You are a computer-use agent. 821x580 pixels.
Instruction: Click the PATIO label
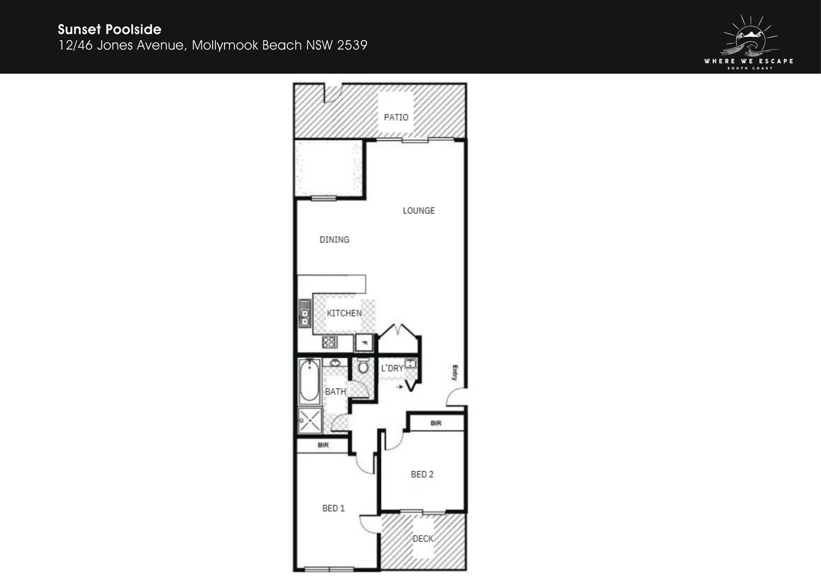[396, 117]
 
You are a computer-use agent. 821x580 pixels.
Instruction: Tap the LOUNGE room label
[419, 210]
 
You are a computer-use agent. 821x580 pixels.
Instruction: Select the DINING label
[334, 240]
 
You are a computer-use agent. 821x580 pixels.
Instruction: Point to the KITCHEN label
[344, 313]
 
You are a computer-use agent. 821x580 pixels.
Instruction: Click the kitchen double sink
[304, 314]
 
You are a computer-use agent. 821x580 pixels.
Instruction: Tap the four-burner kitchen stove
[330, 342]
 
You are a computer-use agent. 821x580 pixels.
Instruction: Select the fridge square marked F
[364, 343]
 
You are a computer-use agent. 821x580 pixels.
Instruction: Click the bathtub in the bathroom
[309, 382]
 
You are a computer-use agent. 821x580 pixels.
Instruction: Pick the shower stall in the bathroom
[310, 420]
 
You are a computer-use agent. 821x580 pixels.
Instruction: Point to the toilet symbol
[363, 366]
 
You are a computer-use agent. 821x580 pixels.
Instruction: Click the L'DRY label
[392, 368]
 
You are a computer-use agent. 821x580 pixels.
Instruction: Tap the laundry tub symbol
[410, 364]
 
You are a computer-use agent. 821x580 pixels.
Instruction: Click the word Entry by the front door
[455, 373]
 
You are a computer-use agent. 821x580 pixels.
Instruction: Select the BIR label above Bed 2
[436, 423]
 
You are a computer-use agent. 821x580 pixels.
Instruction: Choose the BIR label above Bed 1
[323, 445]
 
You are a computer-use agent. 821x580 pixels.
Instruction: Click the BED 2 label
[422, 474]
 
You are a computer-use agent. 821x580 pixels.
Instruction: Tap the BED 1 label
[334, 508]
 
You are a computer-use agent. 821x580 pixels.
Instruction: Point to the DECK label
[423, 539]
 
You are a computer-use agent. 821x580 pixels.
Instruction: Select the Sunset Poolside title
[109, 30]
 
